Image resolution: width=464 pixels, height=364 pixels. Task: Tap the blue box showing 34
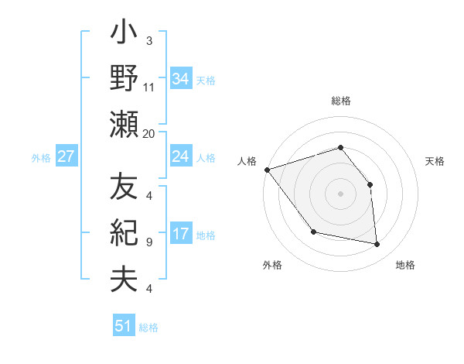(x=180, y=79)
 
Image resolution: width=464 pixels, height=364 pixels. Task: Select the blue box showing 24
(x=180, y=156)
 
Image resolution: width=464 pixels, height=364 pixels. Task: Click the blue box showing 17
(x=180, y=234)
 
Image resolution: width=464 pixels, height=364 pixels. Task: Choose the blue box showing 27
(x=67, y=156)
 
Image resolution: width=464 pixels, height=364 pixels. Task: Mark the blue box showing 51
(x=124, y=326)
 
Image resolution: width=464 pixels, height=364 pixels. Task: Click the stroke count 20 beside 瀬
(x=149, y=134)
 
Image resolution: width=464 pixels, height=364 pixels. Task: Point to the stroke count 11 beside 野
(x=149, y=88)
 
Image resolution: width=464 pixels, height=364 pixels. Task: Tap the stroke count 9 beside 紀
(x=149, y=242)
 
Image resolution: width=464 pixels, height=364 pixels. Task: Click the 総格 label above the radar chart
(x=340, y=101)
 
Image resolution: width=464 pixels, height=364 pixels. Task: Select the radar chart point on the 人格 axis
(x=267, y=170)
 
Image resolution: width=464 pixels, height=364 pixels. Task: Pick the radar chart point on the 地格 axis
(x=377, y=245)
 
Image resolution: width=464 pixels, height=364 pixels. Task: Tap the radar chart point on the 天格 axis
(x=370, y=184)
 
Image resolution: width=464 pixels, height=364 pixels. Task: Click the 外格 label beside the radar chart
(x=272, y=265)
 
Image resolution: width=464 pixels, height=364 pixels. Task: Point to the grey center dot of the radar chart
(x=340, y=194)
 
